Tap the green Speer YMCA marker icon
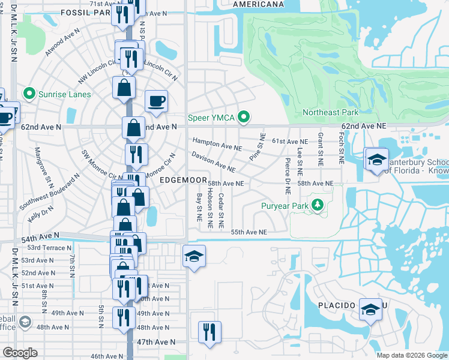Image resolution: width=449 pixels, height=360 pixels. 243,118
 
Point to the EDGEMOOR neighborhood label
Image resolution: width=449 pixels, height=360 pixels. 183,180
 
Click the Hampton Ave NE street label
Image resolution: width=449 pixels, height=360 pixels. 217,145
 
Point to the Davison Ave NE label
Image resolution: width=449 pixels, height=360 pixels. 213,160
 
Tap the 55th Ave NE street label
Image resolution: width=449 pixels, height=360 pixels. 249,232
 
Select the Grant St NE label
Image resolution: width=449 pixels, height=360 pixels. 321,149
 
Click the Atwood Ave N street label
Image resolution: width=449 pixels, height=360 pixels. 62,44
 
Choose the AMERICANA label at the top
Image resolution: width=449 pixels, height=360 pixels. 258,4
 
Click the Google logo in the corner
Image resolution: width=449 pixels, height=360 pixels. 20,353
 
